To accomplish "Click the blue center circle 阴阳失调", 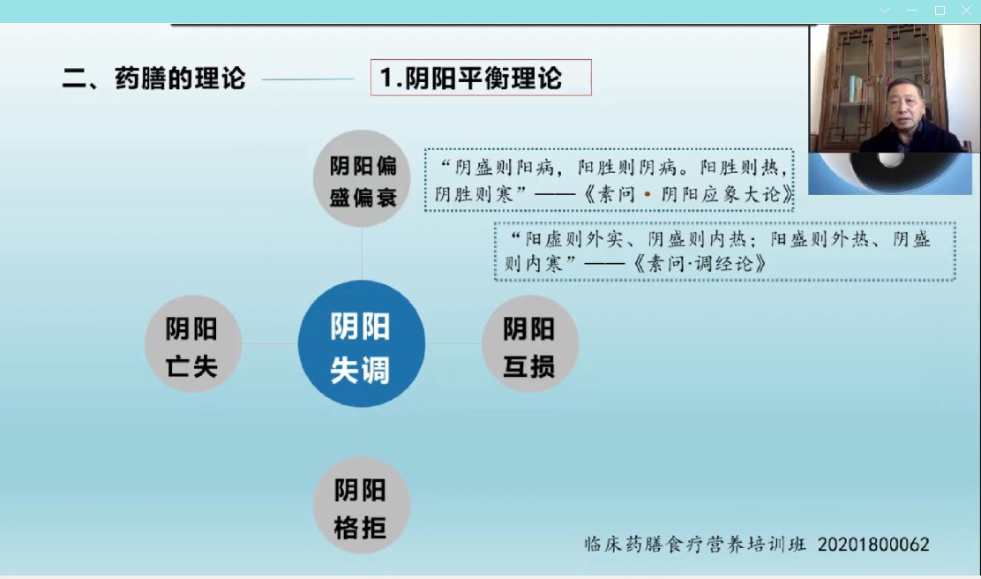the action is [x=362, y=343].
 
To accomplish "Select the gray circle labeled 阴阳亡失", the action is [x=193, y=343].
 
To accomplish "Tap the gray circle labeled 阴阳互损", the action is [x=530, y=343].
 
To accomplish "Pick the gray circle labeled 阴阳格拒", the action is [x=362, y=505].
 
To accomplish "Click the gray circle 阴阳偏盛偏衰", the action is [x=362, y=178].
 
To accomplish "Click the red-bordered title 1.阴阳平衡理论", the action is [x=481, y=78].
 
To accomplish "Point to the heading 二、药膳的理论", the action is [x=154, y=79].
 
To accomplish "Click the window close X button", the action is [x=966, y=10].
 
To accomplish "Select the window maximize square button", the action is [x=940, y=11].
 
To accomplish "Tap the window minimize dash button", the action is [x=912, y=11].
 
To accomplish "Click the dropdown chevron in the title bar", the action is [x=884, y=11].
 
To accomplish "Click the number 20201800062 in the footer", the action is [x=873, y=545].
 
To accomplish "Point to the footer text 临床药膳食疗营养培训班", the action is [x=695, y=544].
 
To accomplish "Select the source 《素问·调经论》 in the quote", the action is [x=700, y=264].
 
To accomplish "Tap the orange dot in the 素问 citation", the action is [x=648, y=194].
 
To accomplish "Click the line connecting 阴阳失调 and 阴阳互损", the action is [x=453, y=343].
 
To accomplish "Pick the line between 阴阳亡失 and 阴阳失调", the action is [x=270, y=343].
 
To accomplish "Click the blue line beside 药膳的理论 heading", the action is [x=308, y=79].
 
